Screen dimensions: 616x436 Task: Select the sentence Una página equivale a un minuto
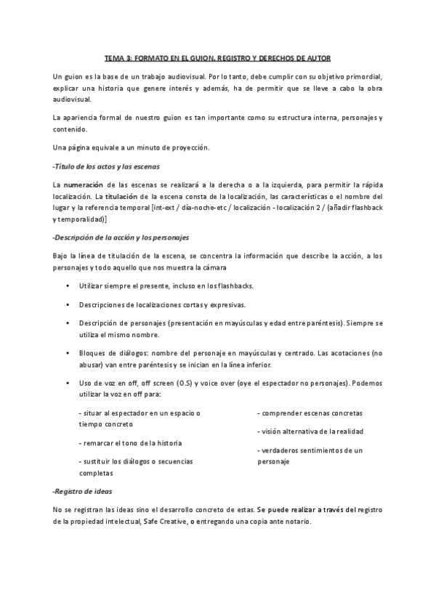coord(131,148)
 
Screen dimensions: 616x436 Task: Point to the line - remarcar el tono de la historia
coord(131,442)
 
